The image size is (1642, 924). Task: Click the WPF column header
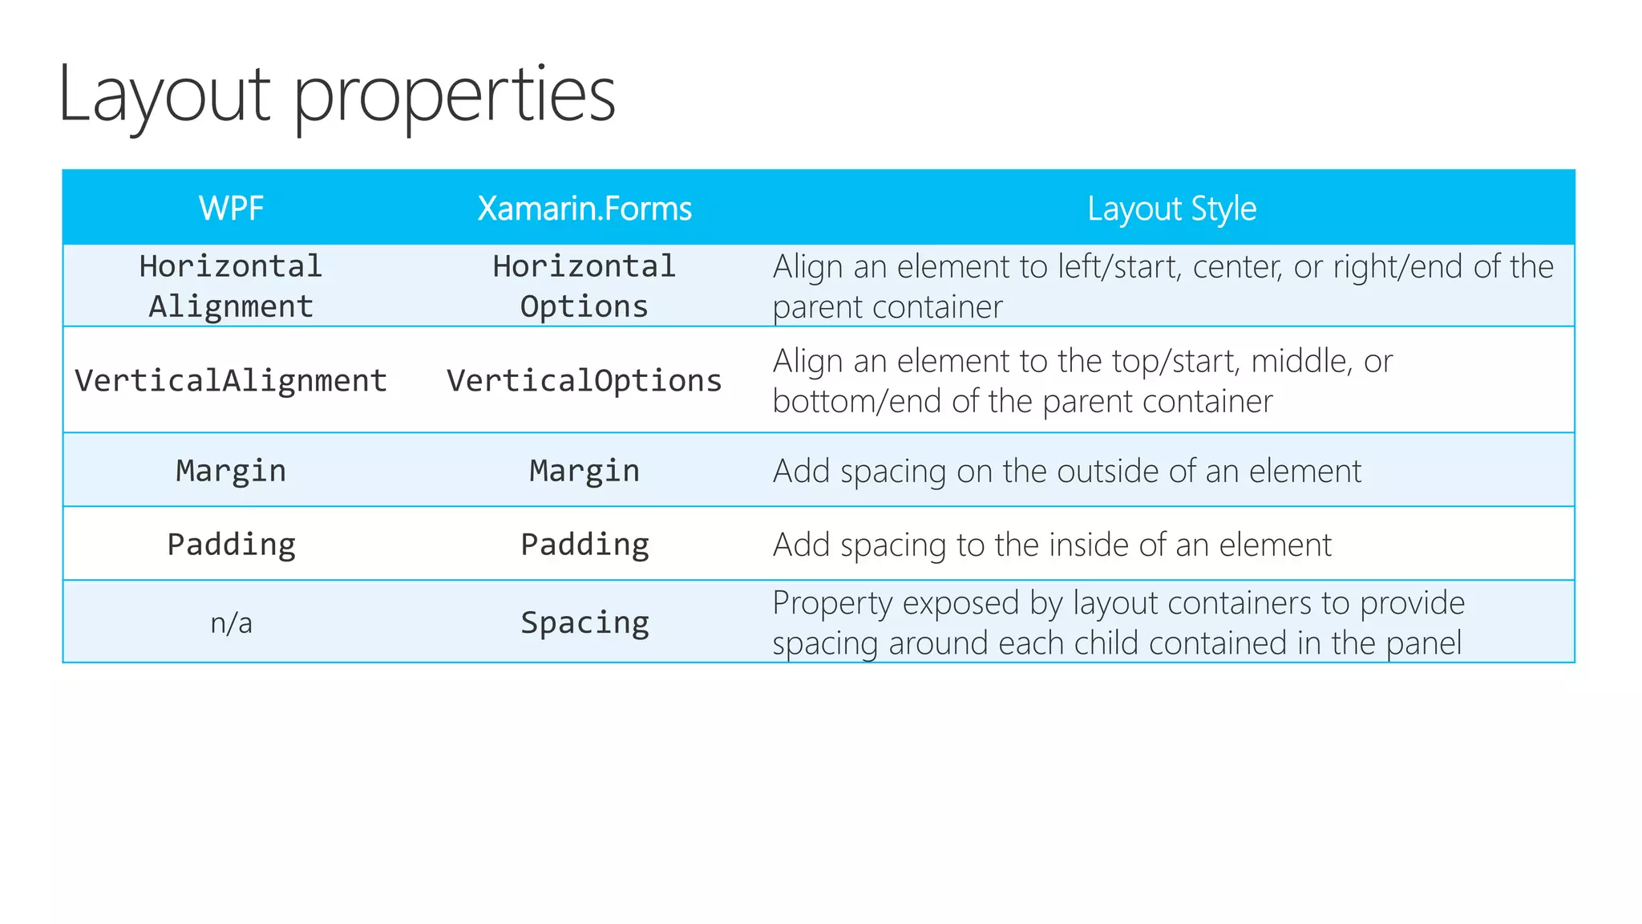point(231,209)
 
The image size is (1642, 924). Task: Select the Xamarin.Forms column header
point(584,209)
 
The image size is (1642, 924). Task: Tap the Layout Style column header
point(1171,209)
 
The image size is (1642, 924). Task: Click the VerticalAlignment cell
point(231,380)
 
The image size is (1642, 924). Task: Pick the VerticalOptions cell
point(584,380)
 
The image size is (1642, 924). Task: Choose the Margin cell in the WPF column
point(231,471)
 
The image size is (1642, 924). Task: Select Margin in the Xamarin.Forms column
point(584,471)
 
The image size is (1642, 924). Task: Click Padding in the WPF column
point(231,545)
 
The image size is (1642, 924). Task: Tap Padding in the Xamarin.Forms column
point(584,545)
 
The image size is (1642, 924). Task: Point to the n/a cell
point(231,622)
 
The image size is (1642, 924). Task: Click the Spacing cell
point(584,622)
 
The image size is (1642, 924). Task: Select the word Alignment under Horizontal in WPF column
point(231,306)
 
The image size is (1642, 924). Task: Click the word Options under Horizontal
point(584,306)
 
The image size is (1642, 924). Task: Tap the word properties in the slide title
point(455,96)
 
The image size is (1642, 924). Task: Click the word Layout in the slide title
point(164,96)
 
